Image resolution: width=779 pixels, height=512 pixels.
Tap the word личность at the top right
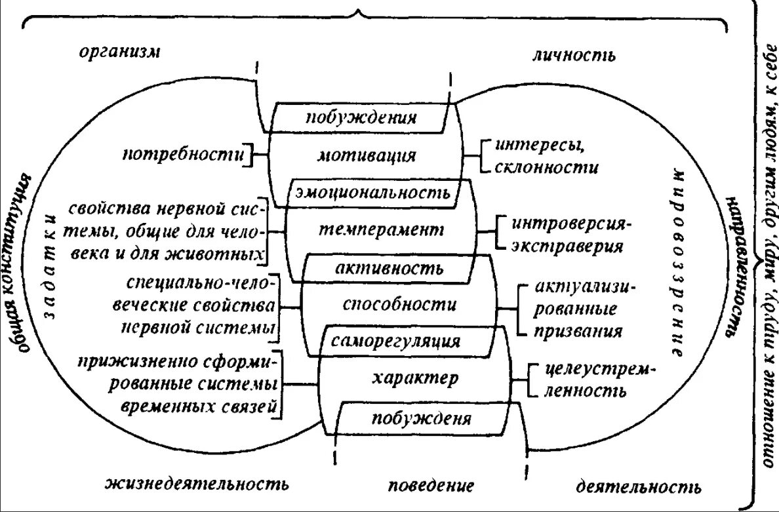click(x=573, y=55)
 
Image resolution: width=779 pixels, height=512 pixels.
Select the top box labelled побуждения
click(x=361, y=118)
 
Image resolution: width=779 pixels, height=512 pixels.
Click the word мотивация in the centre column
click(x=367, y=155)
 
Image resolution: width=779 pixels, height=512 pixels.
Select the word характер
click(x=412, y=378)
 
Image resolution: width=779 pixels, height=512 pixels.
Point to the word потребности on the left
click(x=184, y=155)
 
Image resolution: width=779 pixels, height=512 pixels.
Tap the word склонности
click(x=547, y=167)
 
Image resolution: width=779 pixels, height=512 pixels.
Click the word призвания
click(x=578, y=331)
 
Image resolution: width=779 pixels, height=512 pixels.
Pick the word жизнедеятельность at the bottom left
click(x=197, y=485)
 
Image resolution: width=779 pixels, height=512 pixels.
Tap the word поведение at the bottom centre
click(x=431, y=486)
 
